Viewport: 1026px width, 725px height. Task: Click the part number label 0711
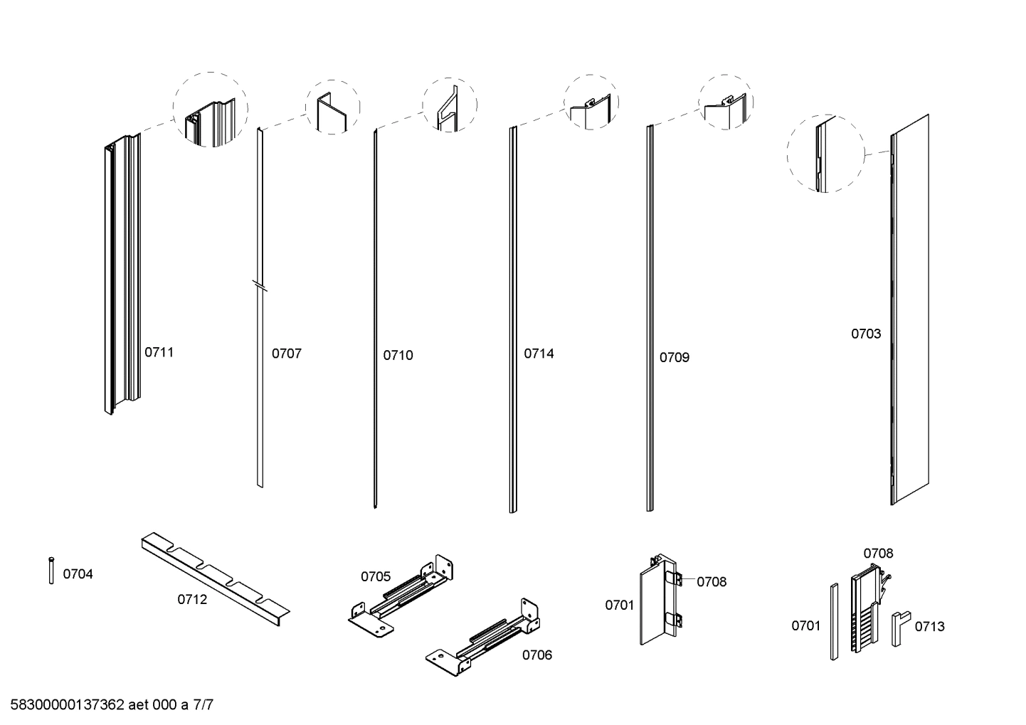coord(159,352)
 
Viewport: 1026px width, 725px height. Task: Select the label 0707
coord(286,354)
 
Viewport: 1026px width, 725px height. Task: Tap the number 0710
coord(398,356)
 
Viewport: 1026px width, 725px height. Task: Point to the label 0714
coord(539,354)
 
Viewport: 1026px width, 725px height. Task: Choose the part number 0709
coord(674,358)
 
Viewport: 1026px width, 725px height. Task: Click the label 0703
coord(866,334)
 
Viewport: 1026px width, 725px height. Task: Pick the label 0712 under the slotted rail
coord(192,600)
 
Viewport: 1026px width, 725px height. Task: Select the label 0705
coord(376,576)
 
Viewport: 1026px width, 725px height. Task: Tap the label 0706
coord(536,655)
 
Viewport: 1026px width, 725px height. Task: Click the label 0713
coord(929,627)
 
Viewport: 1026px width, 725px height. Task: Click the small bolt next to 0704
coord(51,571)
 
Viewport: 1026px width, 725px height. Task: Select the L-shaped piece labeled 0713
coord(899,626)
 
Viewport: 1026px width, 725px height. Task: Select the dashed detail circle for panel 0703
coord(825,154)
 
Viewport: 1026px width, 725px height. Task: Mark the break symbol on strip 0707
coord(260,286)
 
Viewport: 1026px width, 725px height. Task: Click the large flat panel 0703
coord(911,309)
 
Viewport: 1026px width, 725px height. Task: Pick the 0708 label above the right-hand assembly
coord(878,554)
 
